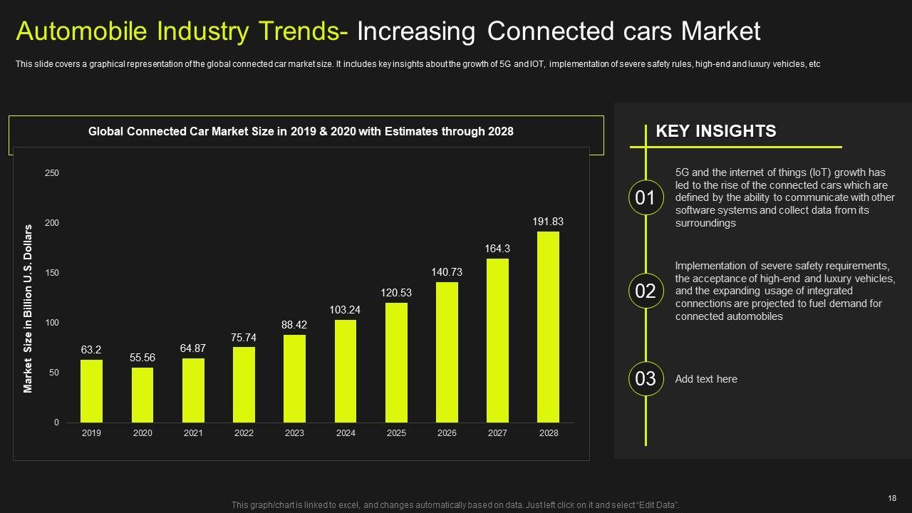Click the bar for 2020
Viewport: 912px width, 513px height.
tap(142, 395)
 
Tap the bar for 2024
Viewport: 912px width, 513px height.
tap(346, 371)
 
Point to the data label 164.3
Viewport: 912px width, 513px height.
tap(497, 249)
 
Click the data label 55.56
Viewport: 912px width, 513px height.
tap(142, 358)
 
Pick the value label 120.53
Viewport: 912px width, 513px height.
tap(396, 293)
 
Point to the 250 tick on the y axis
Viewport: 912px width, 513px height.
tap(52, 173)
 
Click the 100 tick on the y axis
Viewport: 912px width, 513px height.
tap(52, 323)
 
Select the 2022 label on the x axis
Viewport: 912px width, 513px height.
tap(244, 433)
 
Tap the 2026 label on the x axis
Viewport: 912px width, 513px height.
tap(447, 433)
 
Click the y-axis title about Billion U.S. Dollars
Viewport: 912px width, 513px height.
tap(28, 309)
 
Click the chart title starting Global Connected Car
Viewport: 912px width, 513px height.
tap(301, 132)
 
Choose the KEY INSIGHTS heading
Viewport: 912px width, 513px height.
tap(715, 131)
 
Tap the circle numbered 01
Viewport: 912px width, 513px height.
tap(646, 198)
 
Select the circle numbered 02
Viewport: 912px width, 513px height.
tap(646, 291)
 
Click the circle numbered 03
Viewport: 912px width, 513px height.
tap(646, 379)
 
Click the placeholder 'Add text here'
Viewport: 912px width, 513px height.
tap(706, 379)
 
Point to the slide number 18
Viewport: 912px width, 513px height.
tap(892, 498)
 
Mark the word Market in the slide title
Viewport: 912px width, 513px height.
tap(721, 31)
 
